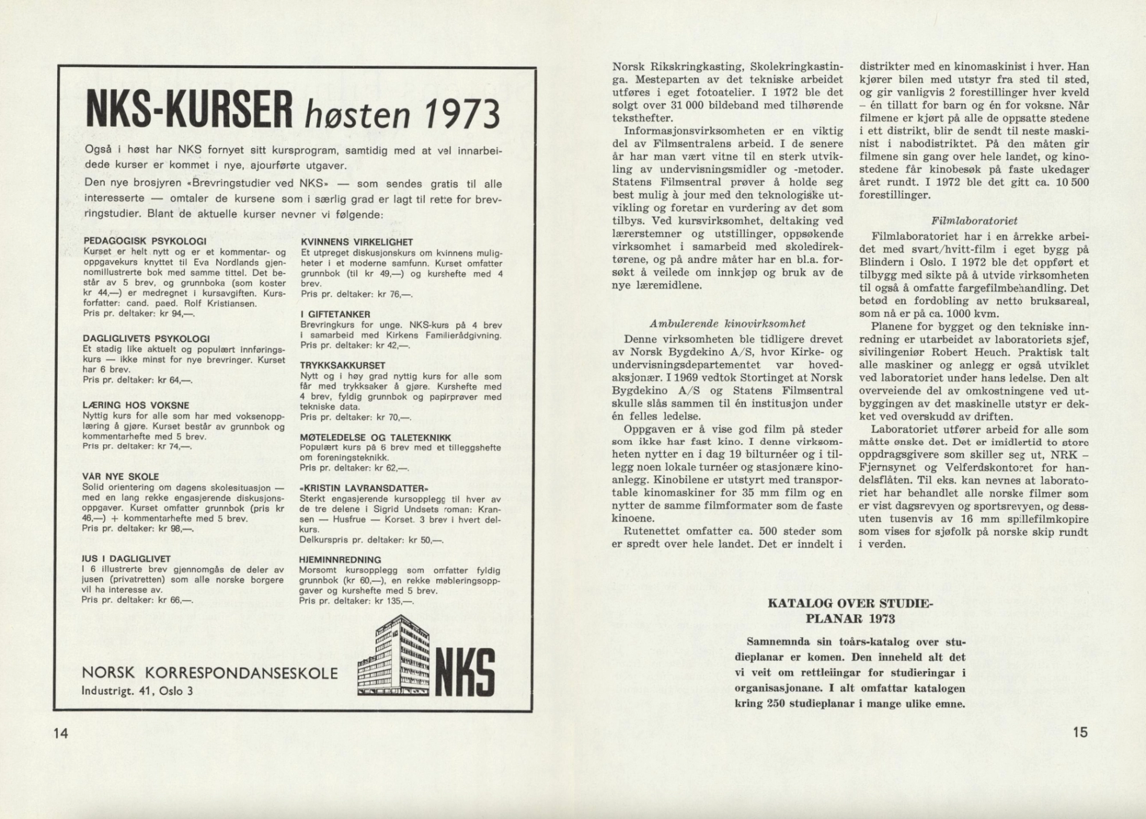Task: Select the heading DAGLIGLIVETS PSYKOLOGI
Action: pos(146,339)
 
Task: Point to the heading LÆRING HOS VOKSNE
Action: pos(136,405)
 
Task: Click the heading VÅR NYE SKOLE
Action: pos(121,476)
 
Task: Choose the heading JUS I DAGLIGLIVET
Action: pos(127,559)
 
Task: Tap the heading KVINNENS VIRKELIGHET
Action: pos(356,242)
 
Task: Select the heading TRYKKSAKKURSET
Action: pos(343,365)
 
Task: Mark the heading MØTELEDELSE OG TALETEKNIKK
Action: pos(375,437)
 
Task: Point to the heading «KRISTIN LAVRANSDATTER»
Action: pos(364,488)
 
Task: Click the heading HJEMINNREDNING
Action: pos(340,560)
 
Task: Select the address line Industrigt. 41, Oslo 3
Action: pos(137,691)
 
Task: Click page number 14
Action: pos(61,733)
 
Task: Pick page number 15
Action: pos(1080,732)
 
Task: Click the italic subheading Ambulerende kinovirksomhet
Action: pos(727,323)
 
